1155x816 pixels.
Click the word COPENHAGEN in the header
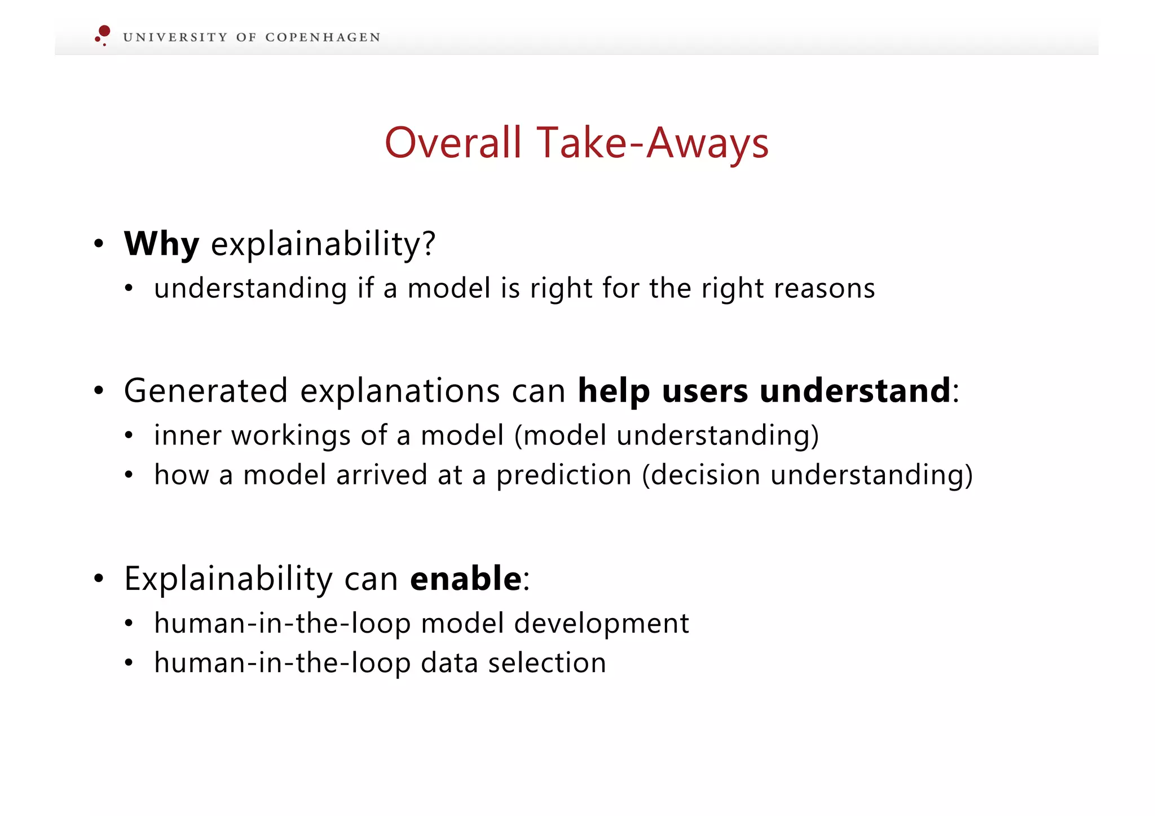(x=323, y=38)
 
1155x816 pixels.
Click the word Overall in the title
(x=453, y=143)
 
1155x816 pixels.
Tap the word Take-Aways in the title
(x=653, y=143)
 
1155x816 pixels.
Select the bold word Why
(x=161, y=244)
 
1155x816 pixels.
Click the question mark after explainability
(x=429, y=244)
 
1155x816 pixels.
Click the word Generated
(x=205, y=391)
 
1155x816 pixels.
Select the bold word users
(x=704, y=391)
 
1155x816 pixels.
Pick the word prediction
(x=563, y=475)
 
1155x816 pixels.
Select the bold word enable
(x=466, y=579)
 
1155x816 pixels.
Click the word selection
(x=547, y=663)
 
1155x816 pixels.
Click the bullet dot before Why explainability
(x=99, y=244)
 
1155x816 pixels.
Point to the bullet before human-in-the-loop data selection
(x=129, y=663)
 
